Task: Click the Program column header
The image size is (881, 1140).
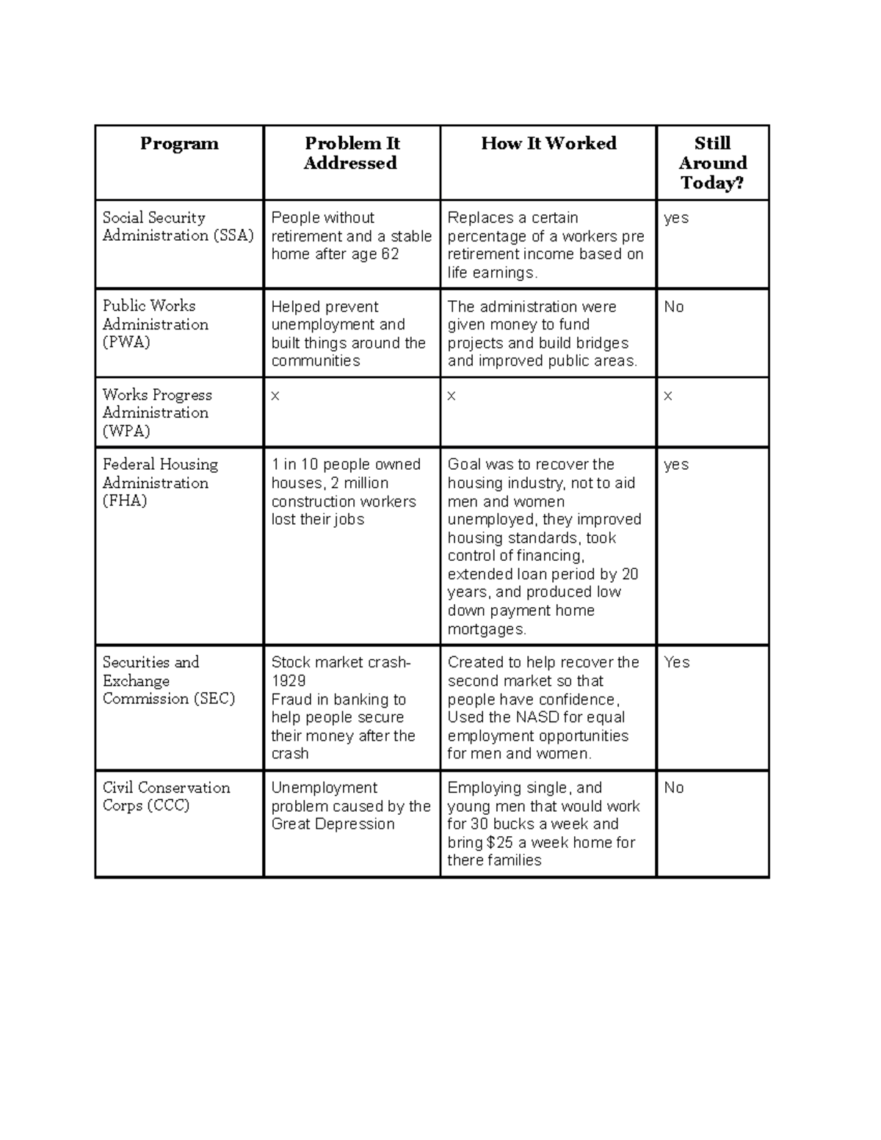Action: (179, 144)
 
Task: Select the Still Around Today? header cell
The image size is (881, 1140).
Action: (712, 163)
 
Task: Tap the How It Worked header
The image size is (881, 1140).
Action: (548, 144)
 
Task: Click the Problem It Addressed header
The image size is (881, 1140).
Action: (351, 153)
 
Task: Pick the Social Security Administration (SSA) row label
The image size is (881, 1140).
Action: (178, 227)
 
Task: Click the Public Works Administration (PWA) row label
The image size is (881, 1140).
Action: (156, 324)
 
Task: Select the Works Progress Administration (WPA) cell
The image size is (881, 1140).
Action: (156, 413)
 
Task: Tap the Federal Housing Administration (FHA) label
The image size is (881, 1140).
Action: (160, 482)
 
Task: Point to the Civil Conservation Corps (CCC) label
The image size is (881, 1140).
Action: (166, 796)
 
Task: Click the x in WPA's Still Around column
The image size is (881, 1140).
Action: (668, 396)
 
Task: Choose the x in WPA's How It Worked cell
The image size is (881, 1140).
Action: (452, 396)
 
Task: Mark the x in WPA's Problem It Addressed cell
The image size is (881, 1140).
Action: (275, 396)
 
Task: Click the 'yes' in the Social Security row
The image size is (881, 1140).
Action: (675, 219)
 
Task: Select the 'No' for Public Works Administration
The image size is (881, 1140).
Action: (673, 307)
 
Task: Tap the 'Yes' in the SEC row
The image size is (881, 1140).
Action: (676, 662)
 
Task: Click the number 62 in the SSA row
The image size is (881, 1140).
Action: (390, 255)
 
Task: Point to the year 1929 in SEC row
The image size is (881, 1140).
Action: (289, 681)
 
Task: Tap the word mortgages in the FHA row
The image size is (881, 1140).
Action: (486, 630)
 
